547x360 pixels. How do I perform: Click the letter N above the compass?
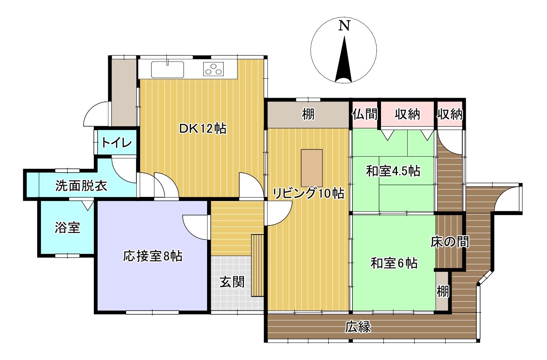(x=344, y=25)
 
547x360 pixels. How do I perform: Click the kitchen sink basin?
(x=168, y=70)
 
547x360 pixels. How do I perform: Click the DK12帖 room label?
(x=202, y=128)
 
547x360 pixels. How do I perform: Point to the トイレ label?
(x=117, y=143)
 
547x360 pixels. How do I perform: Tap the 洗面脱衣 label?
(x=81, y=186)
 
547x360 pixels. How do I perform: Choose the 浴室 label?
(x=67, y=227)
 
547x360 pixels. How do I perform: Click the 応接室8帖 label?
(x=153, y=256)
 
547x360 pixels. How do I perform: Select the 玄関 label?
(x=232, y=282)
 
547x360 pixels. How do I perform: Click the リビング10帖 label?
(x=308, y=193)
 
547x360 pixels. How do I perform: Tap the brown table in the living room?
(x=312, y=167)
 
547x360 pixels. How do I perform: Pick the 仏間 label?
(x=365, y=114)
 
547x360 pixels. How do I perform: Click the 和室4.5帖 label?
(x=393, y=171)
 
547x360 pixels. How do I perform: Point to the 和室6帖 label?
(x=394, y=263)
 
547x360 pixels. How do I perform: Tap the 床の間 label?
(x=449, y=241)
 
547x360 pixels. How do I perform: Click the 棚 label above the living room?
(x=308, y=114)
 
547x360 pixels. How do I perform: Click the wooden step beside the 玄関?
(x=257, y=265)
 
